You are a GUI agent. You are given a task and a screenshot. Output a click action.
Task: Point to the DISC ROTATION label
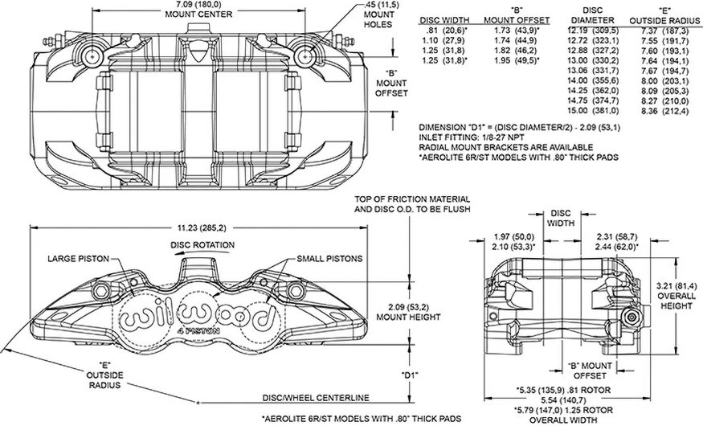pos(202,245)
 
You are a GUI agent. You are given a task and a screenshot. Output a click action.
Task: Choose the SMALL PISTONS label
pos(329,259)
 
